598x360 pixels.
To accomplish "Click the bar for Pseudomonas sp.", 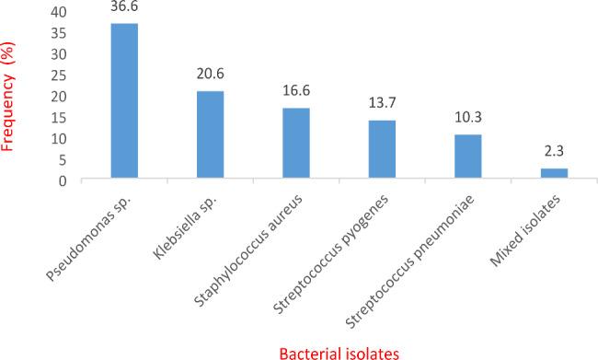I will (124, 101).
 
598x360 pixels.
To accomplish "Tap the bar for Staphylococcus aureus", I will (296, 144).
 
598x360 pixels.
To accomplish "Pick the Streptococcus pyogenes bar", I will (382, 150).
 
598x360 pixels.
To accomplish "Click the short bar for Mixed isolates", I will (553, 174).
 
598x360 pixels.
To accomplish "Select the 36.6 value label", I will (124, 7).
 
